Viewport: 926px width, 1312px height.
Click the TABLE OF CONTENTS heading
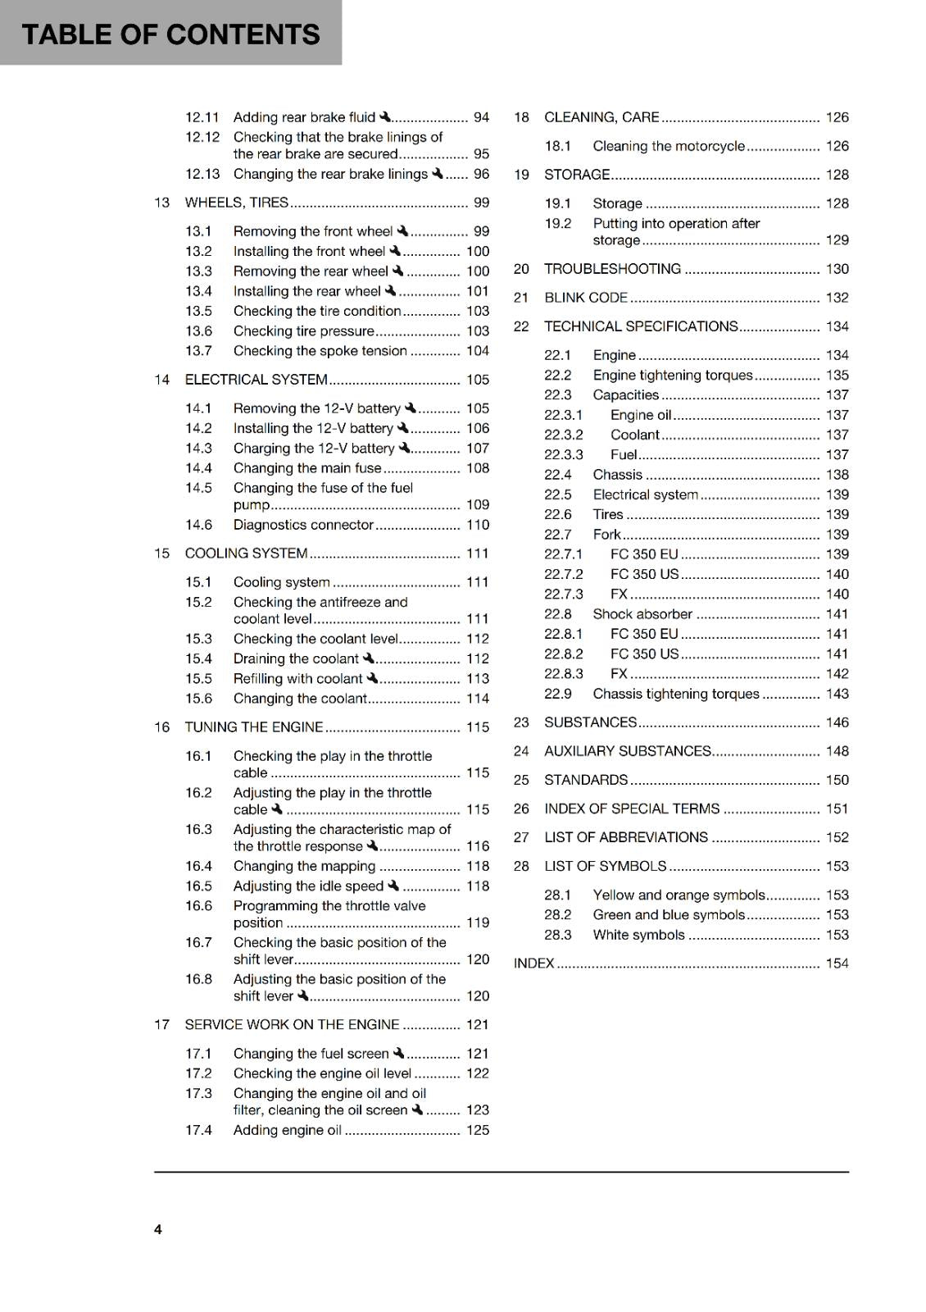coord(170,34)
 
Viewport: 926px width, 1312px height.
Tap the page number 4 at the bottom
coord(158,1229)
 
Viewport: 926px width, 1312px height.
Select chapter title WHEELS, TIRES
coord(237,203)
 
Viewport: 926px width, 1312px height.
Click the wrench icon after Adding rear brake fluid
coord(385,117)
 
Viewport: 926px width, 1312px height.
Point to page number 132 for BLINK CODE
coord(837,298)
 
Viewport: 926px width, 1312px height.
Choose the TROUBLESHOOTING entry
coord(612,269)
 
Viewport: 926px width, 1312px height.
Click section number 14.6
coord(198,525)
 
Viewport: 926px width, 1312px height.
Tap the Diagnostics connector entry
coord(303,525)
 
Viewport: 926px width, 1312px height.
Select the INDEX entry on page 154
coord(534,963)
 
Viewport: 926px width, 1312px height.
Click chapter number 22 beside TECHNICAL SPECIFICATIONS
coord(521,326)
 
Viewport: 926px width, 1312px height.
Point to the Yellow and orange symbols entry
coord(679,895)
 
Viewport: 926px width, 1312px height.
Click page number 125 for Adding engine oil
coord(477,1130)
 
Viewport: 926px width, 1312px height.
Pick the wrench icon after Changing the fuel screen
coord(398,1053)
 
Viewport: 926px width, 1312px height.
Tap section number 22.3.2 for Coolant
coord(564,435)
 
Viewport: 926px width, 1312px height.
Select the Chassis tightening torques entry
coord(676,694)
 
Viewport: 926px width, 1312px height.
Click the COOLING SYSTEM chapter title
coord(246,553)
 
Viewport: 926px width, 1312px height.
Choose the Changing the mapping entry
coord(304,866)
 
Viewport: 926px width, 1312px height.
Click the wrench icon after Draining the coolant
coord(368,658)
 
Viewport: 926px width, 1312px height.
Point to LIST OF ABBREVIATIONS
coord(626,837)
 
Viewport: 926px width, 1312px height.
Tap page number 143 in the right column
coord(837,694)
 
